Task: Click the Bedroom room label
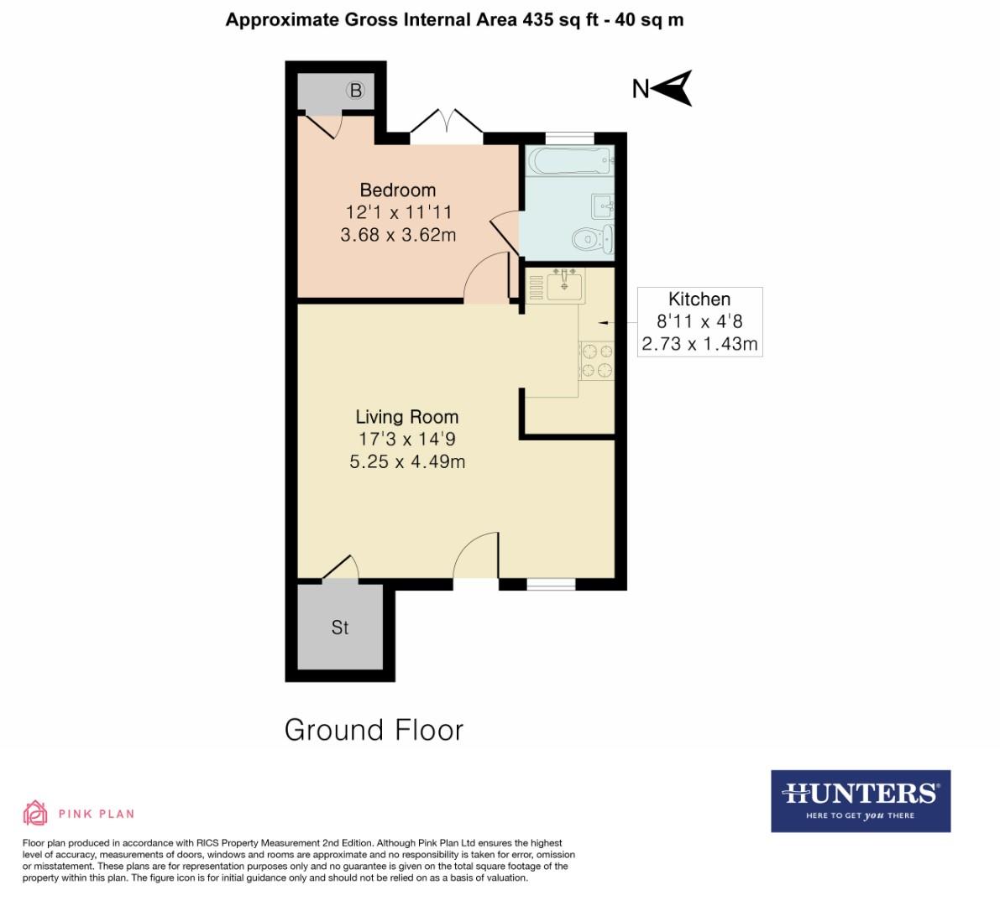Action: tap(397, 190)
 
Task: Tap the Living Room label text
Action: tap(406, 417)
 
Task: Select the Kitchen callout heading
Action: tap(699, 299)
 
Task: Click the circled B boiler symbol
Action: tap(356, 91)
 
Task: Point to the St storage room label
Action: tap(339, 627)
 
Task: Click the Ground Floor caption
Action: tap(374, 730)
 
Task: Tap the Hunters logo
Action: tap(860, 800)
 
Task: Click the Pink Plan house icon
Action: tap(35, 813)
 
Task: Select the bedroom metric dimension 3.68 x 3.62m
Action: tap(398, 235)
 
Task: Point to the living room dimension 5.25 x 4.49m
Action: tap(407, 461)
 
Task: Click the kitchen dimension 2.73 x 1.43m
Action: tap(699, 344)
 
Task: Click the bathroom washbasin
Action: tap(604, 206)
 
